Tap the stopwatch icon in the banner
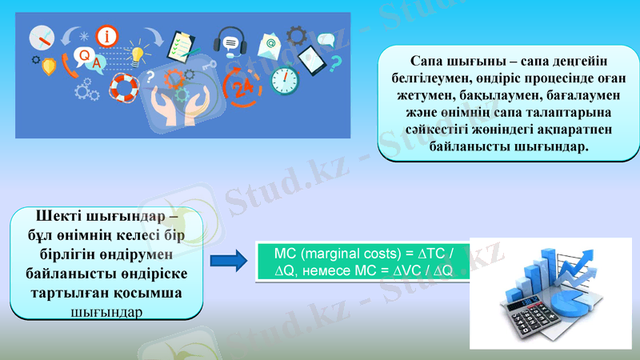[284, 78]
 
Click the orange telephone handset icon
[71, 68]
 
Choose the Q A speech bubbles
[88, 58]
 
